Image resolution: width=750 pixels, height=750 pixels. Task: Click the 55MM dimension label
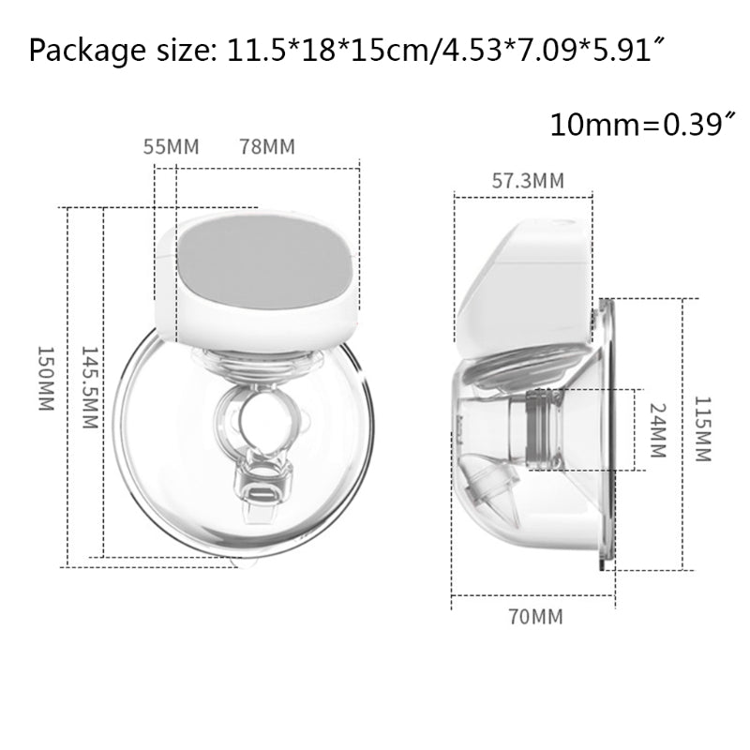(172, 147)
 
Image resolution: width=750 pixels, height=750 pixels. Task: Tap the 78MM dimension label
(267, 147)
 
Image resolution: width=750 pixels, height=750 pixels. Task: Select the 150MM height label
(46, 379)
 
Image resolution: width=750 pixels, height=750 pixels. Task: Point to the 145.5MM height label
(89, 387)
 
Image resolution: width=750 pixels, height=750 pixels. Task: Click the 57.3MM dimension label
(528, 181)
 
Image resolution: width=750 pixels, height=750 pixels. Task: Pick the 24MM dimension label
(658, 430)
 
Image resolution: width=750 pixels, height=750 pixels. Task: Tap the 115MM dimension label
(702, 428)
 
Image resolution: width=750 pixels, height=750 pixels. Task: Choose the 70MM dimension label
(535, 617)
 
